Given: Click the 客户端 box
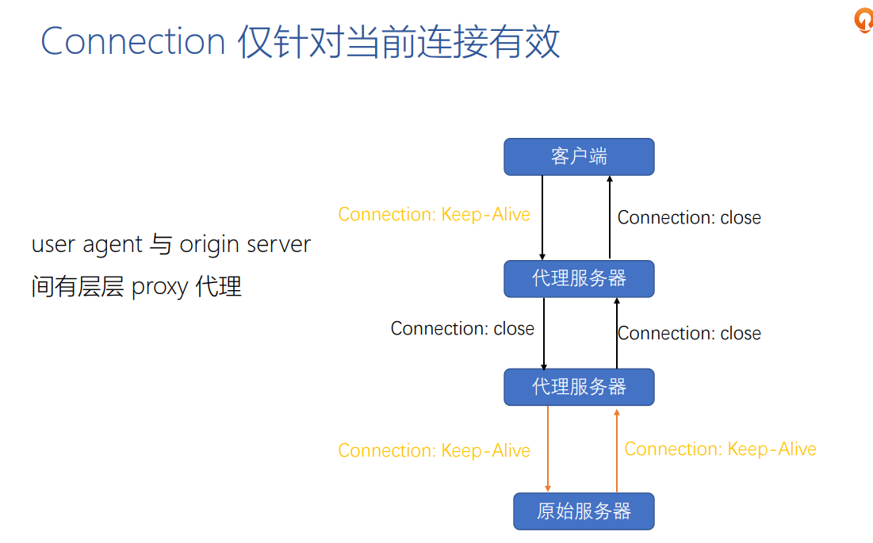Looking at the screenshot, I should pos(579,157).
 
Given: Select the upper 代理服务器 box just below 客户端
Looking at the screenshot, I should pos(579,278).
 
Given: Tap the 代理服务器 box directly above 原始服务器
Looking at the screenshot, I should pos(579,387).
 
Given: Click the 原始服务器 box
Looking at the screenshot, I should pos(584,511).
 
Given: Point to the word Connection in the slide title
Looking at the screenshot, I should pos(133,41).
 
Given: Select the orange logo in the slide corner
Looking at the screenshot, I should pos(862,20).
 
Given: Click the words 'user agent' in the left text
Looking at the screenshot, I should pos(87,244).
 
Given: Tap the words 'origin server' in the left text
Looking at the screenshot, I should pos(245,244).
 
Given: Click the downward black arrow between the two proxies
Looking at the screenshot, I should pos(544,333).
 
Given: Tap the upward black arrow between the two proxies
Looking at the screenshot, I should pos(616,333).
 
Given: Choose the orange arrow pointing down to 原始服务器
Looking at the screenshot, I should pos(547,449).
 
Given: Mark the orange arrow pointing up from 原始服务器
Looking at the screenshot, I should pos(617,449).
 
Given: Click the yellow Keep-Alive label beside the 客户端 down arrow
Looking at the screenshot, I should pos(434,215).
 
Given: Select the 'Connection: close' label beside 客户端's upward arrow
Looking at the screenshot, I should pos(689,218).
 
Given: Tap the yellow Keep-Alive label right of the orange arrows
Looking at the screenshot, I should pos(720,449).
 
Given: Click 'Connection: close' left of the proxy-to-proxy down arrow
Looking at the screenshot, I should pos(462,329).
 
